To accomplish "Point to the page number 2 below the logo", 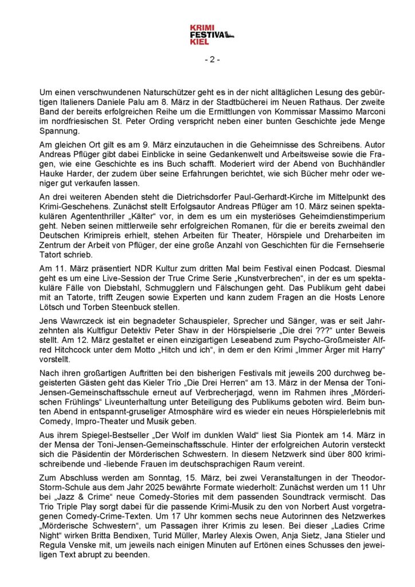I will pyautogui.click(x=212, y=59).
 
